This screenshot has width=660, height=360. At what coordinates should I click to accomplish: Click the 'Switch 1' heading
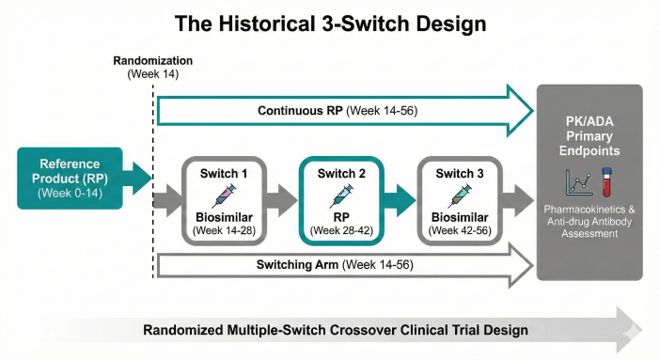(x=226, y=173)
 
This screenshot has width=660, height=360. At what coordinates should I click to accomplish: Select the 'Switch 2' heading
(x=343, y=173)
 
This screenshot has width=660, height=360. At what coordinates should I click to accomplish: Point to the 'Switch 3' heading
(x=460, y=173)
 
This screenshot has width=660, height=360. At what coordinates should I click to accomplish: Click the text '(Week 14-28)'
(x=226, y=229)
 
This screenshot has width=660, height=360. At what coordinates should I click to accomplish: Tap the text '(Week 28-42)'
(x=343, y=229)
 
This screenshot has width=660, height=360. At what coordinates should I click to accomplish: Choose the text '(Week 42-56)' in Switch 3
(x=460, y=229)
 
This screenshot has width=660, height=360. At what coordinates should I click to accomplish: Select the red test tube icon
(x=606, y=180)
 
